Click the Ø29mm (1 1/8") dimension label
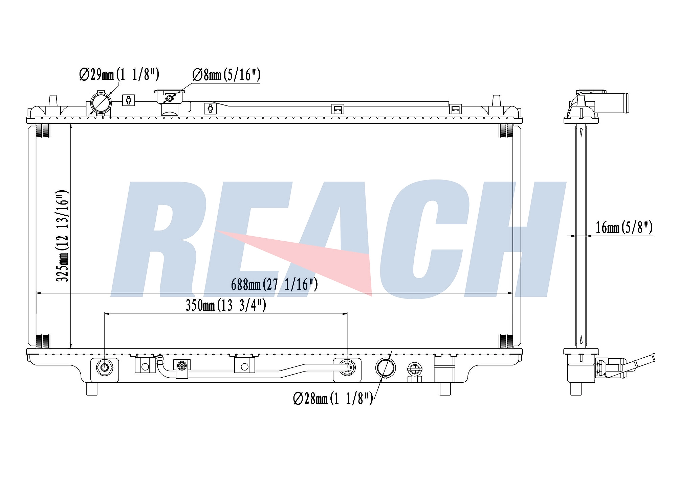[x=119, y=74]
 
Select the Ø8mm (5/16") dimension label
[x=226, y=75]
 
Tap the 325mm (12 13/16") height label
[x=62, y=236]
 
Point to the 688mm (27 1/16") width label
[x=275, y=284]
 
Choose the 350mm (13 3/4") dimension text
[x=226, y=305]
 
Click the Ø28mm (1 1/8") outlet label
[x=333, y=398]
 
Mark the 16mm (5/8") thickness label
[x=624, y=227]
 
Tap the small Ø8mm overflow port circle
[x=170, y=99]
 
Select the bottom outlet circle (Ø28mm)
[x=385, y=368]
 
